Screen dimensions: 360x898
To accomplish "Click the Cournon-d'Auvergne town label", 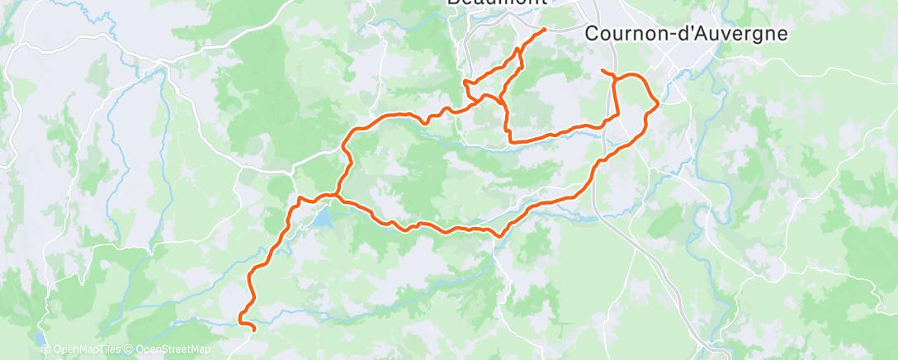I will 685,34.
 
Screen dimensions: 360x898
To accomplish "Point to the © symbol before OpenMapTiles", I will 46,349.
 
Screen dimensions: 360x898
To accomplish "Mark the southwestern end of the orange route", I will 253,329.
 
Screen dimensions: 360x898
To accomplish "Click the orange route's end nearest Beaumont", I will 545,30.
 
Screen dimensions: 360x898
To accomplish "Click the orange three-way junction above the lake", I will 336,196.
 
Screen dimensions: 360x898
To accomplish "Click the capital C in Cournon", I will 592,34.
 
